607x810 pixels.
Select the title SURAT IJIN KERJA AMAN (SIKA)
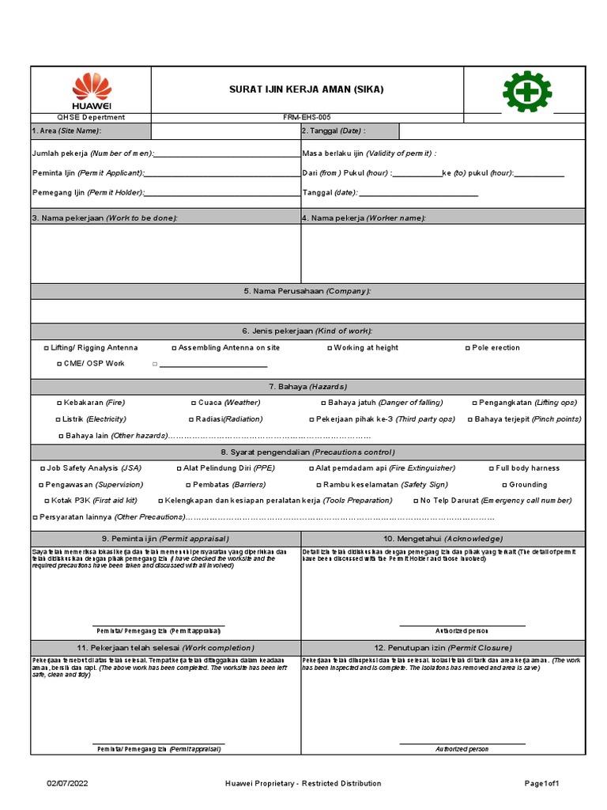click(x=306, y=89)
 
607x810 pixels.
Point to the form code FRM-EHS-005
click(x=306, y=117)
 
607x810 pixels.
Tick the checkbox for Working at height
click(x=330, y=348)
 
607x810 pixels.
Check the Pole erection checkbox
click(x=468, y=348)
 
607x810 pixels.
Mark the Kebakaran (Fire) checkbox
click(x=60, y=403)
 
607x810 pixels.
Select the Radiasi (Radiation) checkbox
click(x=190, y=419)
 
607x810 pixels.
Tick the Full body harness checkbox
click(x=492, y=468)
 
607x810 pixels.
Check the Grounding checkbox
click(x=504, y=485)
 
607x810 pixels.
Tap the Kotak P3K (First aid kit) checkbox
click(x=47, y=501)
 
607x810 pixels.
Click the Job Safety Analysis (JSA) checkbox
click(x=43, y=468)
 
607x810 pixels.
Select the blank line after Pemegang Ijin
click(x=221, y=195)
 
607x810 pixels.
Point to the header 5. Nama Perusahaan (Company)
click(x=307, y=291)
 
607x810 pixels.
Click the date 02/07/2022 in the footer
click(x=64, y=783)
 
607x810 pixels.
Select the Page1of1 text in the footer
click(x=542, y=783)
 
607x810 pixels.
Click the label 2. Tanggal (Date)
click(x=334, y=131)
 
